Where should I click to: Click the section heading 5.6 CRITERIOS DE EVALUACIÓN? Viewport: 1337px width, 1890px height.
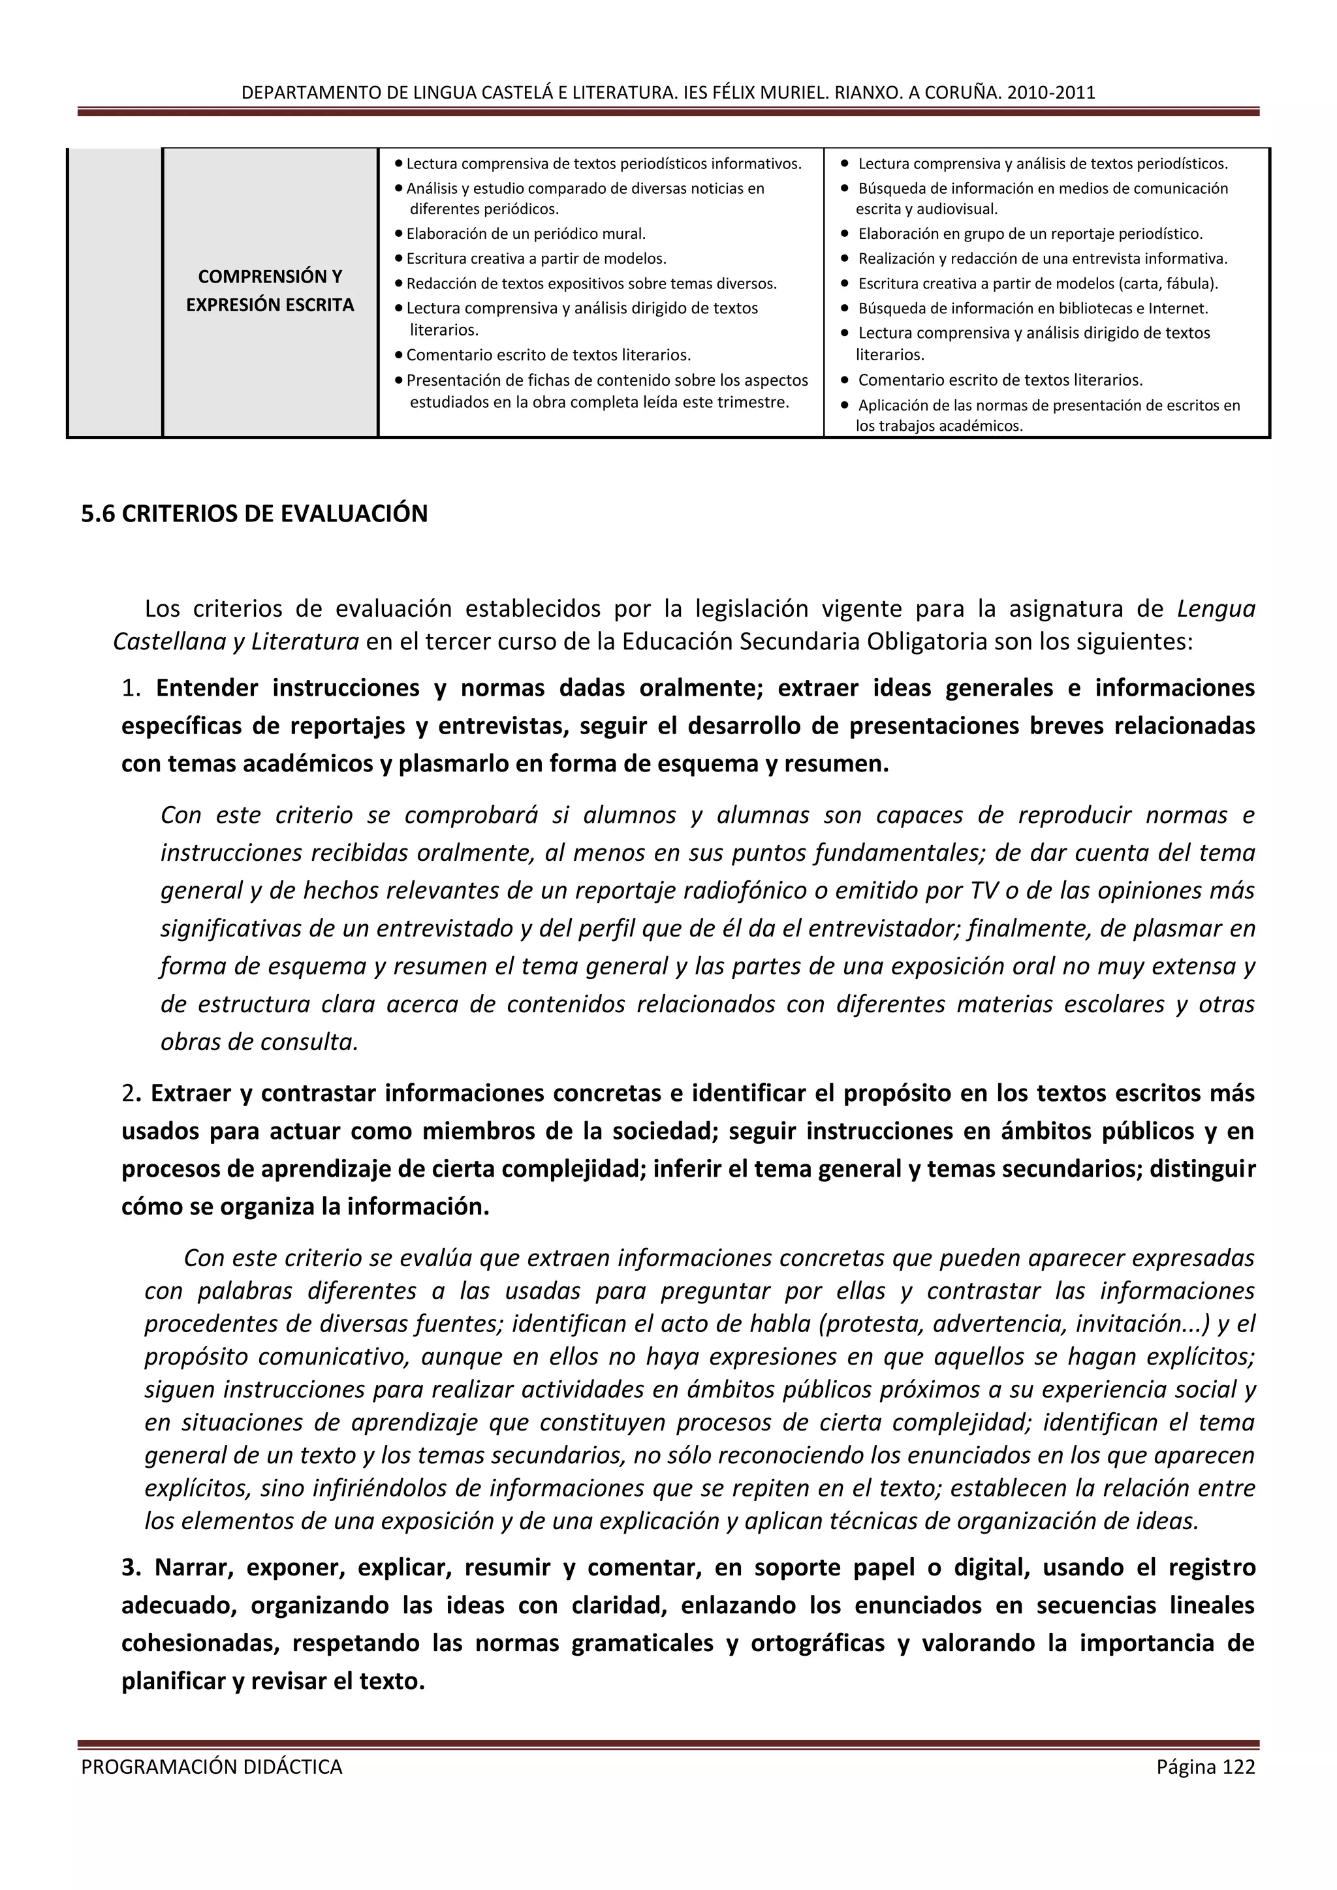coord(255,514)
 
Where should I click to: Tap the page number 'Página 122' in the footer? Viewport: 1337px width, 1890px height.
coord(1205,1767)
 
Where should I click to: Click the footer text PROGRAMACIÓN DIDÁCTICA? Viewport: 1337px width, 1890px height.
coord(212,1767)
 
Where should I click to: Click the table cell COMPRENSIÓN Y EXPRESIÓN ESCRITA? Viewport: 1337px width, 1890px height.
coord(270,290)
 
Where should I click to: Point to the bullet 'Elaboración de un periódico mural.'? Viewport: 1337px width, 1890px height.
coord(526,234)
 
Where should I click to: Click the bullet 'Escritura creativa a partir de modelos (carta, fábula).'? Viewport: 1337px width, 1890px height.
coord(1037,283)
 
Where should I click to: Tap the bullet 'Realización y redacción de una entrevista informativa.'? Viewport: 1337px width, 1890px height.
coord(1043,258)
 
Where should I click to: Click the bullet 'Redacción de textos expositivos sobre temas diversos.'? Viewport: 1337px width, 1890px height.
coord(591,284)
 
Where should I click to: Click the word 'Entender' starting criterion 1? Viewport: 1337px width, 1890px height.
coord(208,688)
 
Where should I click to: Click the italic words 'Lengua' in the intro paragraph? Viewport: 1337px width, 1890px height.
coord(1216,609)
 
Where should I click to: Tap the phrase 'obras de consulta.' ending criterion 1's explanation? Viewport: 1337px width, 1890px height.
coord(259,1042)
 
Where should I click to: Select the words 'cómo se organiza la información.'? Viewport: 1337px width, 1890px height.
coord(306,1207)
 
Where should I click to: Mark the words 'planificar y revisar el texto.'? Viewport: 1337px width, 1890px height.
coord(274,1681)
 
